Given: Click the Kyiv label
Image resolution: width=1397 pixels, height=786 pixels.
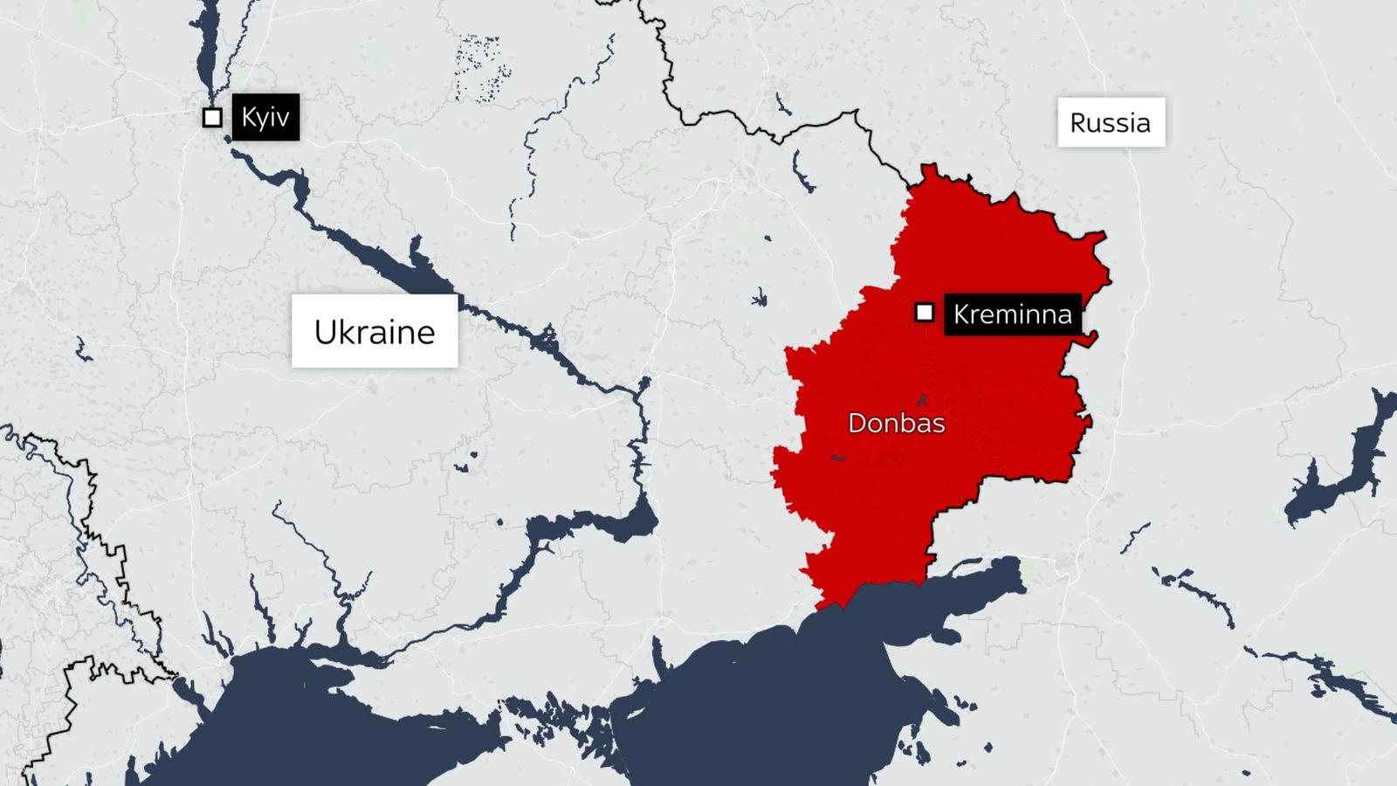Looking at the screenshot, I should pos(265,117).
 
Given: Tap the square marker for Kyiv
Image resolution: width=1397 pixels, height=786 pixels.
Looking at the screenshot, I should pos(212,117).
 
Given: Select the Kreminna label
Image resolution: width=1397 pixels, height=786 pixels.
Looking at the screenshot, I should pos(1013,314).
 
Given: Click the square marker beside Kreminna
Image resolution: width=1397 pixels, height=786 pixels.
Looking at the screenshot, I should pos(925,313).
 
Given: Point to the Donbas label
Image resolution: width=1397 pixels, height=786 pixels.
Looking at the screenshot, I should pos(897,424).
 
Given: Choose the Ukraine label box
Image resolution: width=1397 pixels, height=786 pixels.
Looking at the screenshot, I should pos(375,332).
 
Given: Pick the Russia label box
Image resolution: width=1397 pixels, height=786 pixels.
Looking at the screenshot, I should pos(1111,123).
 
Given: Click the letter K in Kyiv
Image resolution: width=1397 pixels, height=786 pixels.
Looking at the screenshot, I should pos(249,117).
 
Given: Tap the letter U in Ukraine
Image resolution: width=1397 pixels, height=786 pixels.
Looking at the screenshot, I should pos(325,332).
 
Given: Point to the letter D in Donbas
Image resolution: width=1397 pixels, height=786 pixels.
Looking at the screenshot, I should pos(857,424).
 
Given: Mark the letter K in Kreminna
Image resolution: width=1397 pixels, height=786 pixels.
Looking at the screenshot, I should pos(961,314).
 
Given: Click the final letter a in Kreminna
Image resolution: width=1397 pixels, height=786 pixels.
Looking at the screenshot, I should pos(1064,314).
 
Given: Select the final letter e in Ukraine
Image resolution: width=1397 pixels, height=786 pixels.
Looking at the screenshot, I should pos(425,334).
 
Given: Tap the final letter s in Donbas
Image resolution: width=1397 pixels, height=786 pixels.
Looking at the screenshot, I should pos(939,425).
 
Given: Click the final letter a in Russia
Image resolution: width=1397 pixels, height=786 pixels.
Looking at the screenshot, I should pos(1143,124).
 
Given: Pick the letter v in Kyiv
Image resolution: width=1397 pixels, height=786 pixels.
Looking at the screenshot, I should pos(282,119).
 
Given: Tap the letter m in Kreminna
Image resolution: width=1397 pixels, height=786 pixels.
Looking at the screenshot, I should pos(1004,316).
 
